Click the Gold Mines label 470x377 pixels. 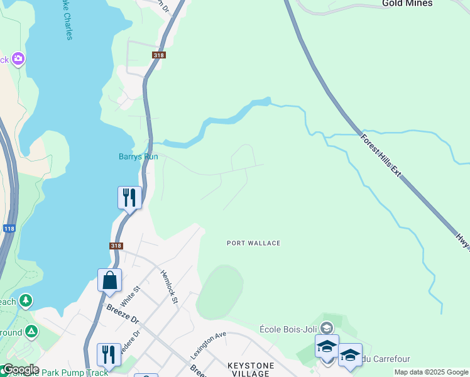point(408,3)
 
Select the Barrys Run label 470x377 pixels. point(138,157)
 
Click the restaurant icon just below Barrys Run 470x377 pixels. point(129,198)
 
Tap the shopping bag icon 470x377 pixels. point(109,280)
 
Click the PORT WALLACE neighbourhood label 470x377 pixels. point(254,243)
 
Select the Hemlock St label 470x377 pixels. point(170,287)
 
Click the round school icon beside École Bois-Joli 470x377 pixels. point(326,327)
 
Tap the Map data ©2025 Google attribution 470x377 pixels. point(431,372)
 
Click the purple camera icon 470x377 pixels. point(18,59)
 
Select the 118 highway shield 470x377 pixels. point(9,229)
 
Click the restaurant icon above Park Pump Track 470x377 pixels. point(109,354)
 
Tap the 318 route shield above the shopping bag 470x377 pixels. point(116,246)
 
